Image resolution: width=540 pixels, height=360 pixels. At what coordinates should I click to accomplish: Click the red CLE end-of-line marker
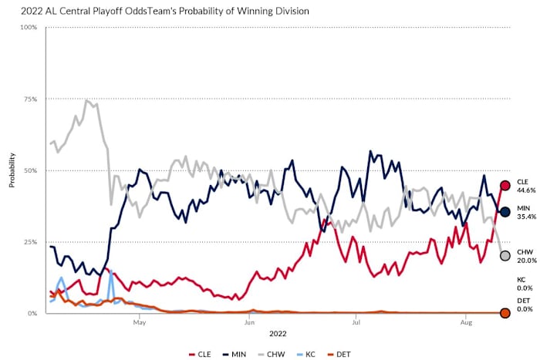[505, 185]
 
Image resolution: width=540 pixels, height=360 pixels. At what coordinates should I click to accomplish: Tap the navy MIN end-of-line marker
[505, 212]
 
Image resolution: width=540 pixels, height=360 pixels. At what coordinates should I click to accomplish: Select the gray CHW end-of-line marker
[505, 256]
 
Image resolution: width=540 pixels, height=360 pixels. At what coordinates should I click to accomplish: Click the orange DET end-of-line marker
[505, 313]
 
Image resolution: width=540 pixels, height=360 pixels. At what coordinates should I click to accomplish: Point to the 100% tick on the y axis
[29, 28]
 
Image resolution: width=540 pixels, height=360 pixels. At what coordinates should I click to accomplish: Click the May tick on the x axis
[140, 324]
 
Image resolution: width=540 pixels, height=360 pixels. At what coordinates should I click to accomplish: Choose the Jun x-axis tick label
[248, 324]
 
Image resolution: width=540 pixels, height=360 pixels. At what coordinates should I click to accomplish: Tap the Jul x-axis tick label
[355, 324]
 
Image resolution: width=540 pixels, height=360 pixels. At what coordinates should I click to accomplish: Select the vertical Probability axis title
[12, 170]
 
